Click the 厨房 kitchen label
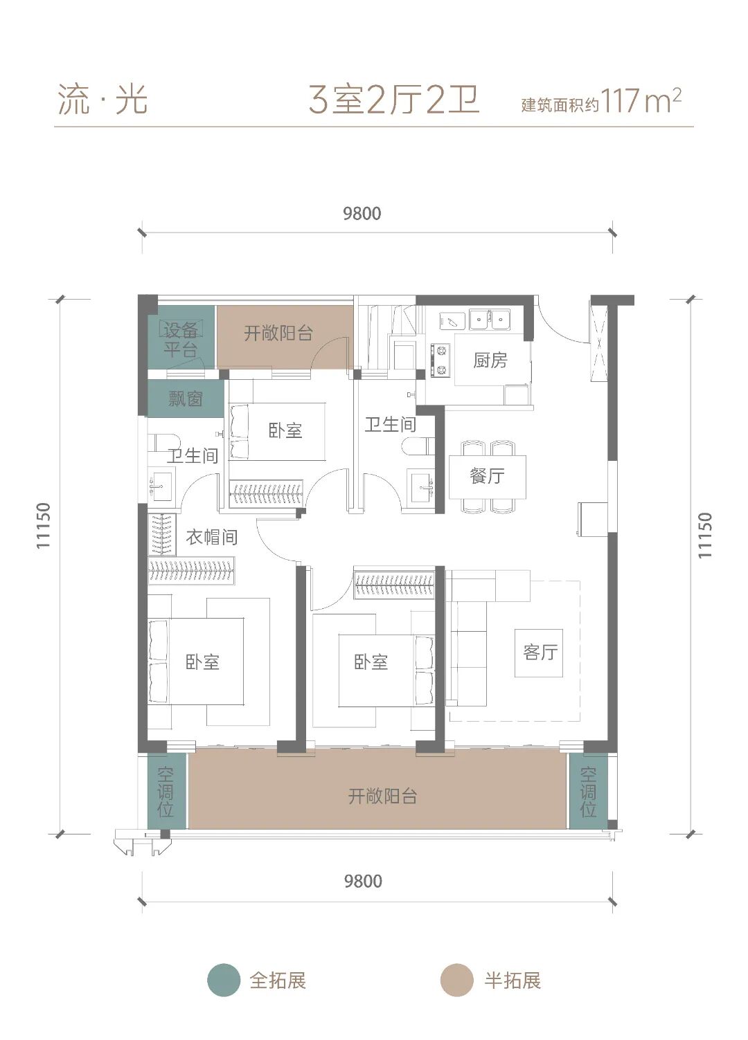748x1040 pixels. (490, 361)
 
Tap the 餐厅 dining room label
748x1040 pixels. (487, 476)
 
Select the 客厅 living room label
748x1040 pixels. (540, 652)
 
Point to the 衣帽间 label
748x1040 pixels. (212, 537)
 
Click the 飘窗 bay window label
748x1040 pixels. (186, 399)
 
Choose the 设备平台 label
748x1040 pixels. (181, 340)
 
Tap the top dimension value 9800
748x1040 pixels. (362, 214)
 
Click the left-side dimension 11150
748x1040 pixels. (43, 526)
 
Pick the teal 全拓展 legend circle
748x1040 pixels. (224, 980)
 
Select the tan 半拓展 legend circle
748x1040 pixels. (456, 980)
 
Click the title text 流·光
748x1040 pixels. (103, 100)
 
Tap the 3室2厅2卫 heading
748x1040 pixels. (394, 100)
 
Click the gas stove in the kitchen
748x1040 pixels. (440, 359)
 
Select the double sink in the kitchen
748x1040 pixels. (490, 320)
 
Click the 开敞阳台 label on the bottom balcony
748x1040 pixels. (382, 796)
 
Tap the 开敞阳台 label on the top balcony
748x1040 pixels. (278, 333)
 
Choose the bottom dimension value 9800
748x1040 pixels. (363, 882)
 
